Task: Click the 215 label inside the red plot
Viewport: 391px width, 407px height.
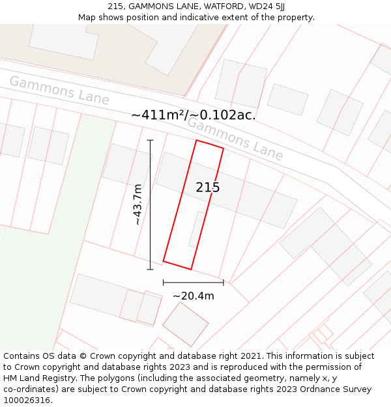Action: pyautogui.click(x=208, y=188)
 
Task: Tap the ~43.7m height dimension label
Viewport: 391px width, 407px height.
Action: pyautogui.click(x=138, y=204)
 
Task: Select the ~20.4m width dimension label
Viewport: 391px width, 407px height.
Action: pyautogui.click(x=194, y=296)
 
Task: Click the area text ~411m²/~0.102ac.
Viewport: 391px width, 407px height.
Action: pyautogui.click(x=194, y=115)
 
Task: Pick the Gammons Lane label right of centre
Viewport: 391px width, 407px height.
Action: pyautogui.click(x=235, y=138)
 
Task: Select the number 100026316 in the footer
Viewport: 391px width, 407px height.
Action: pyautogui.click(x=26, y=400)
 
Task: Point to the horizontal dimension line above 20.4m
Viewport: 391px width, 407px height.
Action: pyautogui.click(x=194, y=283)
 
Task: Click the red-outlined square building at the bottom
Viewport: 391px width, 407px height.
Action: pyautogui.click(x=185, y=324)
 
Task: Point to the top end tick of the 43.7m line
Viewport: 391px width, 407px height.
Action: pyautogui.click(x=150, y=140)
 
